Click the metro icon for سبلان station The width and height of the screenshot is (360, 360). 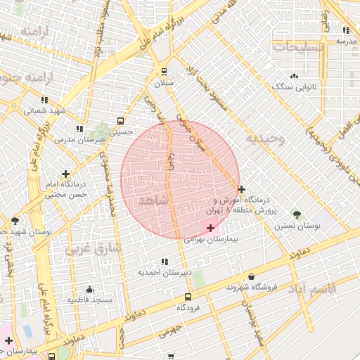point(164,71)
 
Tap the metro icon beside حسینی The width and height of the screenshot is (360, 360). point(121,120)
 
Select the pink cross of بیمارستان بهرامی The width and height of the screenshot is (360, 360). point(210,228)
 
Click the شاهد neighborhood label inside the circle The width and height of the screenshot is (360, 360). point(154,200)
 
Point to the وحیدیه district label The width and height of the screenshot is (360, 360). point(264,139)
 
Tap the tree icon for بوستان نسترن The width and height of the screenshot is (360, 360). point(297,214)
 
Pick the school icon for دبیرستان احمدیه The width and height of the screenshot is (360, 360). point(164,261)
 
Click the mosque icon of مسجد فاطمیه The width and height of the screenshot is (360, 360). point(89,289)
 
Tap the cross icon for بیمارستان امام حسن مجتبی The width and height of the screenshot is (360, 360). point(65,173)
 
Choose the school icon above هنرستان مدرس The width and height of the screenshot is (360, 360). point(79,129)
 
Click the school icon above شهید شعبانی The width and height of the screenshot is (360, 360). point(44,100)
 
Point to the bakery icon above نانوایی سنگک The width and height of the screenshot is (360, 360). point(294,75)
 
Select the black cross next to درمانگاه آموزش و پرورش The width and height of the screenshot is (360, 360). point(241,189)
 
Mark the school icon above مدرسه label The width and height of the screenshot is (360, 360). point(346,30)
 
